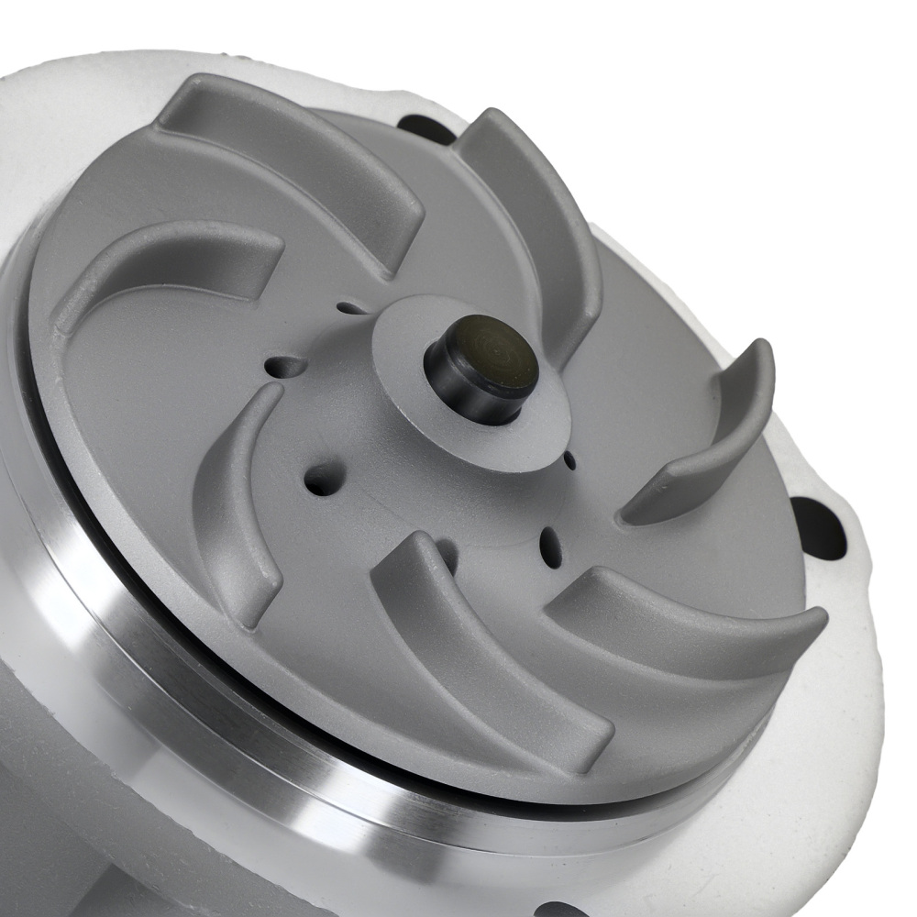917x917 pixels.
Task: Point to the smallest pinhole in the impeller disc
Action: tap(569, 456)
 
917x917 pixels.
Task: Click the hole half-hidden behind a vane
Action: tap(447, 550)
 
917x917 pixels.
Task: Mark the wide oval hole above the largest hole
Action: tap(286, 367)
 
